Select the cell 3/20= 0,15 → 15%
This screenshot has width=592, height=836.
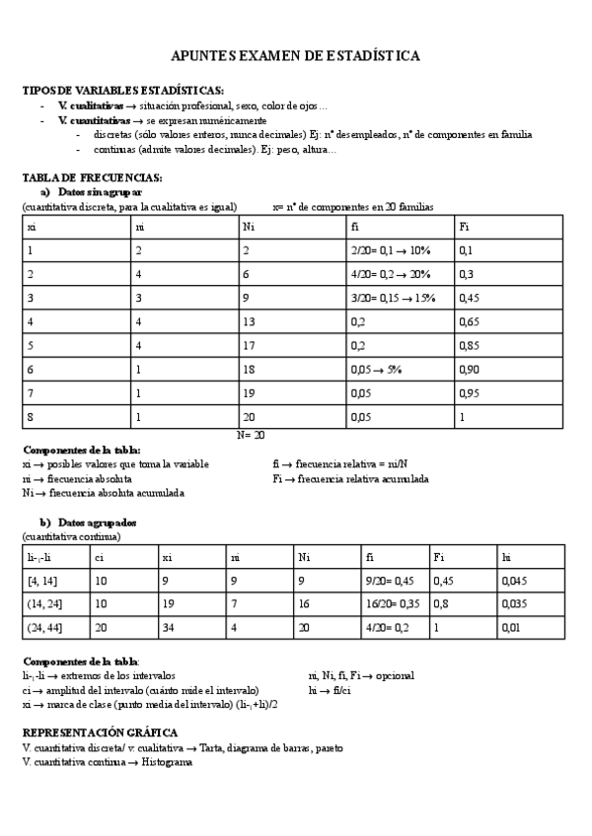point(393,297)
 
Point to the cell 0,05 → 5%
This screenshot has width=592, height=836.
point(376,368)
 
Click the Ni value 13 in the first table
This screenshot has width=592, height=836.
point(250,321)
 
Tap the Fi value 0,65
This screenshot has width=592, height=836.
point(470,321)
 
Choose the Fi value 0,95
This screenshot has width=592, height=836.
point(470,391)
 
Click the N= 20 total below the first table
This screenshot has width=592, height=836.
point(251,433)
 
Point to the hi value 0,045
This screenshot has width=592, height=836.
point(514,580)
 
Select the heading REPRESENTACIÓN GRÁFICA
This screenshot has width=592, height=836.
point(100,733)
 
